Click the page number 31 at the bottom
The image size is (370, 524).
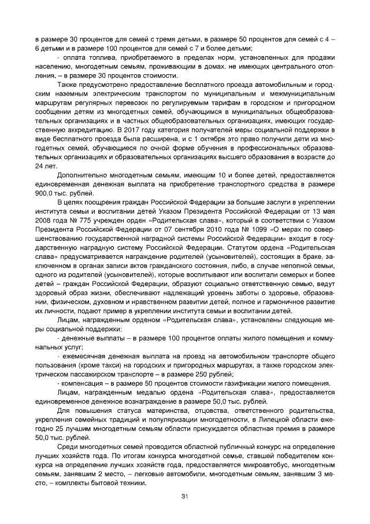(185, 497)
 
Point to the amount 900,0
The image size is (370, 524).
(45, 193)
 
